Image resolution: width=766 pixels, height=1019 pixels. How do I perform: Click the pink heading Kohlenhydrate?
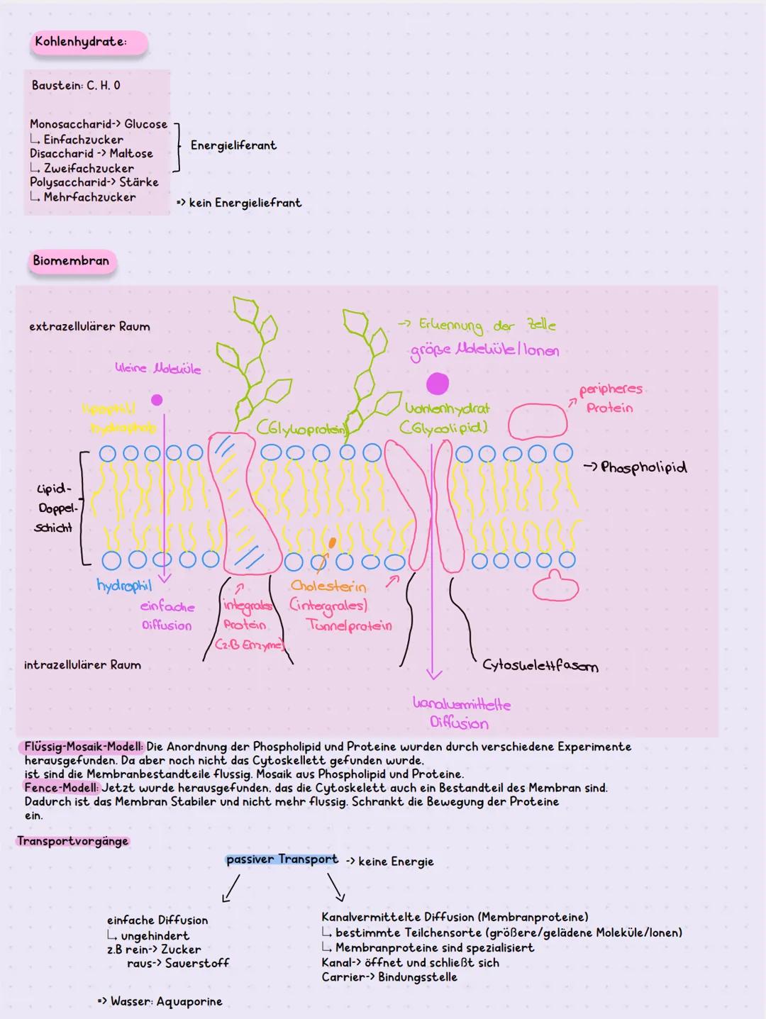tap(81, 42)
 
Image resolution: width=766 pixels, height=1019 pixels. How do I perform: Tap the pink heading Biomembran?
tap(71, 261)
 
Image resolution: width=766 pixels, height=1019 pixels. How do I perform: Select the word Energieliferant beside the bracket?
tap(233, 145)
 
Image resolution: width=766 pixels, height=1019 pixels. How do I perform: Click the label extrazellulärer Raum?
tap(89, 327)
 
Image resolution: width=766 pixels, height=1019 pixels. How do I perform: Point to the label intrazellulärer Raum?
tap(82, 665)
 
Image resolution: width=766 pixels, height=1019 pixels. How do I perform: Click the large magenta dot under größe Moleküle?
tap(438, 384)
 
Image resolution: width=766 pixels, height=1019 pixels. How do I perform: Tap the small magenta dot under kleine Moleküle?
tap(157, 400)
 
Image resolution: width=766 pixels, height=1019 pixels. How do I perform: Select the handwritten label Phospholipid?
tap(643, 467)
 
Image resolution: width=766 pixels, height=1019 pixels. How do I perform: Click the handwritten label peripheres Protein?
tap(610, 399)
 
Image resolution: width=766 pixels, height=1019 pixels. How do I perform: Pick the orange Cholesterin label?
tap(328, 587)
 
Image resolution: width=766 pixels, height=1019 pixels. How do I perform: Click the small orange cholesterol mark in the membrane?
tap(332, 543)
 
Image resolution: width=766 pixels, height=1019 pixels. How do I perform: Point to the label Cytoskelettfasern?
tap(540, 665)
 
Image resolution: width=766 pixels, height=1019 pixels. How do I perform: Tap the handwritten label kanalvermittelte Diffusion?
tap(461, 713)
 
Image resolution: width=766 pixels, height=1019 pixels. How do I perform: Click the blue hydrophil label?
tap(124, 586)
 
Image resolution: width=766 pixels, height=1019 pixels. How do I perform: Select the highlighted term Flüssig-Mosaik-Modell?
tap(84, 747)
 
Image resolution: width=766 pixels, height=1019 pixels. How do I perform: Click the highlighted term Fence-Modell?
tap(62, 788)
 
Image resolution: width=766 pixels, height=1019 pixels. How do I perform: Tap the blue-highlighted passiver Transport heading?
tap(282, 859)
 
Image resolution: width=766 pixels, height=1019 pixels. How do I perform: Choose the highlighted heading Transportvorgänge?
tap(72, 841)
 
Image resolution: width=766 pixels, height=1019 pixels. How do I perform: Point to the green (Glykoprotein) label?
tap(301, 429)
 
